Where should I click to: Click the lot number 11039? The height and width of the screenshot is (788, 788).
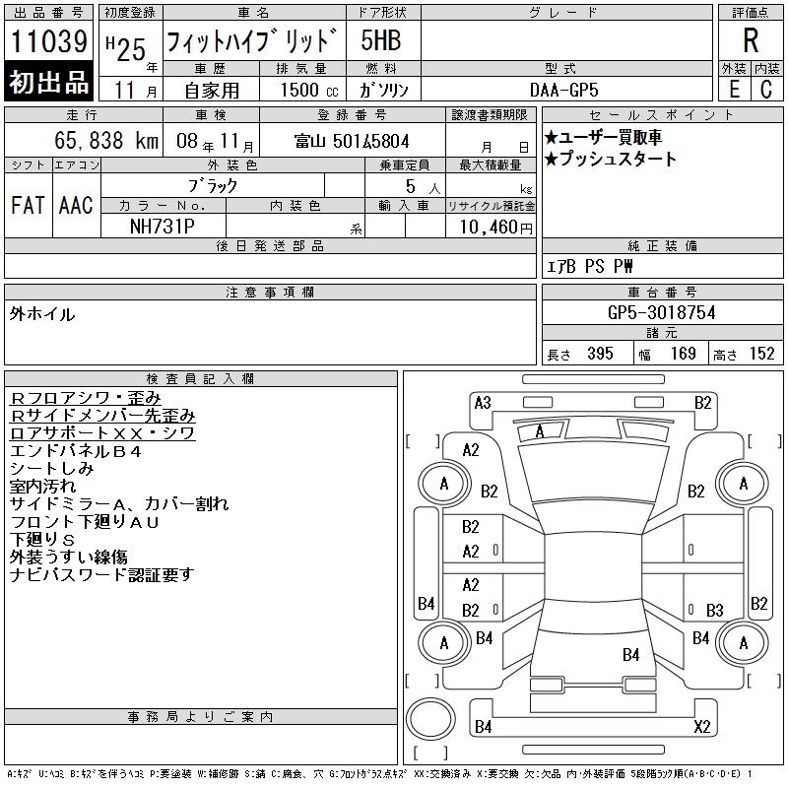[48, 41]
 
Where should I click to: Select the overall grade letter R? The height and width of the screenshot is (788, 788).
[751, 40]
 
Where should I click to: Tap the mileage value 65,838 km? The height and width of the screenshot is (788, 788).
[106, 141]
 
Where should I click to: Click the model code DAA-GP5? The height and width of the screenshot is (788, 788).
[563, 90]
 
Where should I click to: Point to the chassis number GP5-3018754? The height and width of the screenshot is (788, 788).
[661, 312]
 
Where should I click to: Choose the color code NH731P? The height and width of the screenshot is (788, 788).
[162, 227]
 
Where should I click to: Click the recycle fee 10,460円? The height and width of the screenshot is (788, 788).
[496, 228]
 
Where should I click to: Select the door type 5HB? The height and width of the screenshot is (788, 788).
[380, 40]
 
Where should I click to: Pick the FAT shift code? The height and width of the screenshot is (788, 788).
[28, 205]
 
